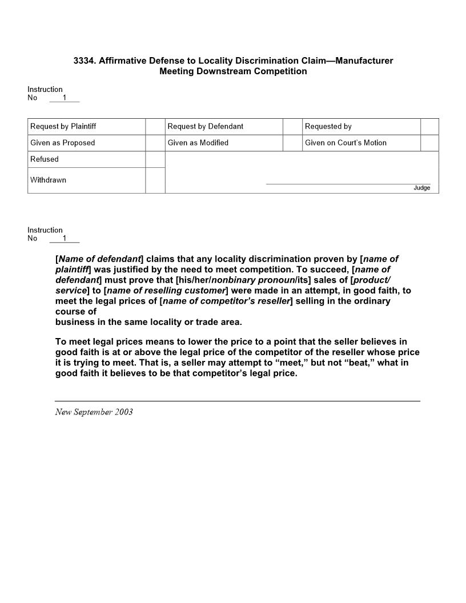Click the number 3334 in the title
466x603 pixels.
pyautogui.click(x=84, y=61)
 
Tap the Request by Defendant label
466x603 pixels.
pyautogui.click(x=206, y=127)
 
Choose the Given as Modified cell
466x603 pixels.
pyautogui.click(x=198, y=143)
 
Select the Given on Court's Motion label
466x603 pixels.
pyautogui.click(x=346, y=143)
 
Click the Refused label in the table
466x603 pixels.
pyautogui.click(x=45, y=159)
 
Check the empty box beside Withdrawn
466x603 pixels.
pyautogui.click(x=155, y=180)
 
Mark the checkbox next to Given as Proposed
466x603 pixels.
pyautogui.click(x=155, y=143)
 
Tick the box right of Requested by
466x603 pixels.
pyautogui.click(x=429, y=127)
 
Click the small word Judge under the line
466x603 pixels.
pyautogui.click(x=422, y=188)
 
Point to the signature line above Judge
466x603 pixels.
pyautogui.click(x=348, y=184)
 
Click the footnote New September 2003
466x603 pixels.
pyautogui.click(x=94, y=412)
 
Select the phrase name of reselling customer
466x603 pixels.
pyautogui.click(x=166, y=290)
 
